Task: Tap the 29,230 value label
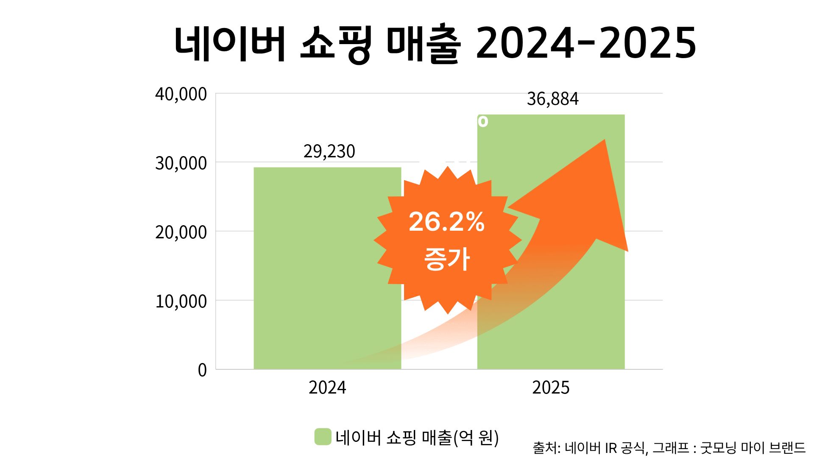[x=329, y=151]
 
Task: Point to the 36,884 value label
[x=552, y=99]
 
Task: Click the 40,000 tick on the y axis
[x=181, y=94]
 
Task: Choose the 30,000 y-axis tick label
[x=181, y=163]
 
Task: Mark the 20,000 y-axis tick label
[x=181, y=232]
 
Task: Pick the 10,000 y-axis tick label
[x=181, y=302]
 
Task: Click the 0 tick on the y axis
[x=202, y=370]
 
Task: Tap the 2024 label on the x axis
[x=327, y=388]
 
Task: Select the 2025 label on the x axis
[x=551, y=388]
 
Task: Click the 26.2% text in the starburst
[x=446, y=221]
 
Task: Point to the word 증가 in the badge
[x=447, y=259]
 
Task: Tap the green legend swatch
[x=323, y=437]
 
